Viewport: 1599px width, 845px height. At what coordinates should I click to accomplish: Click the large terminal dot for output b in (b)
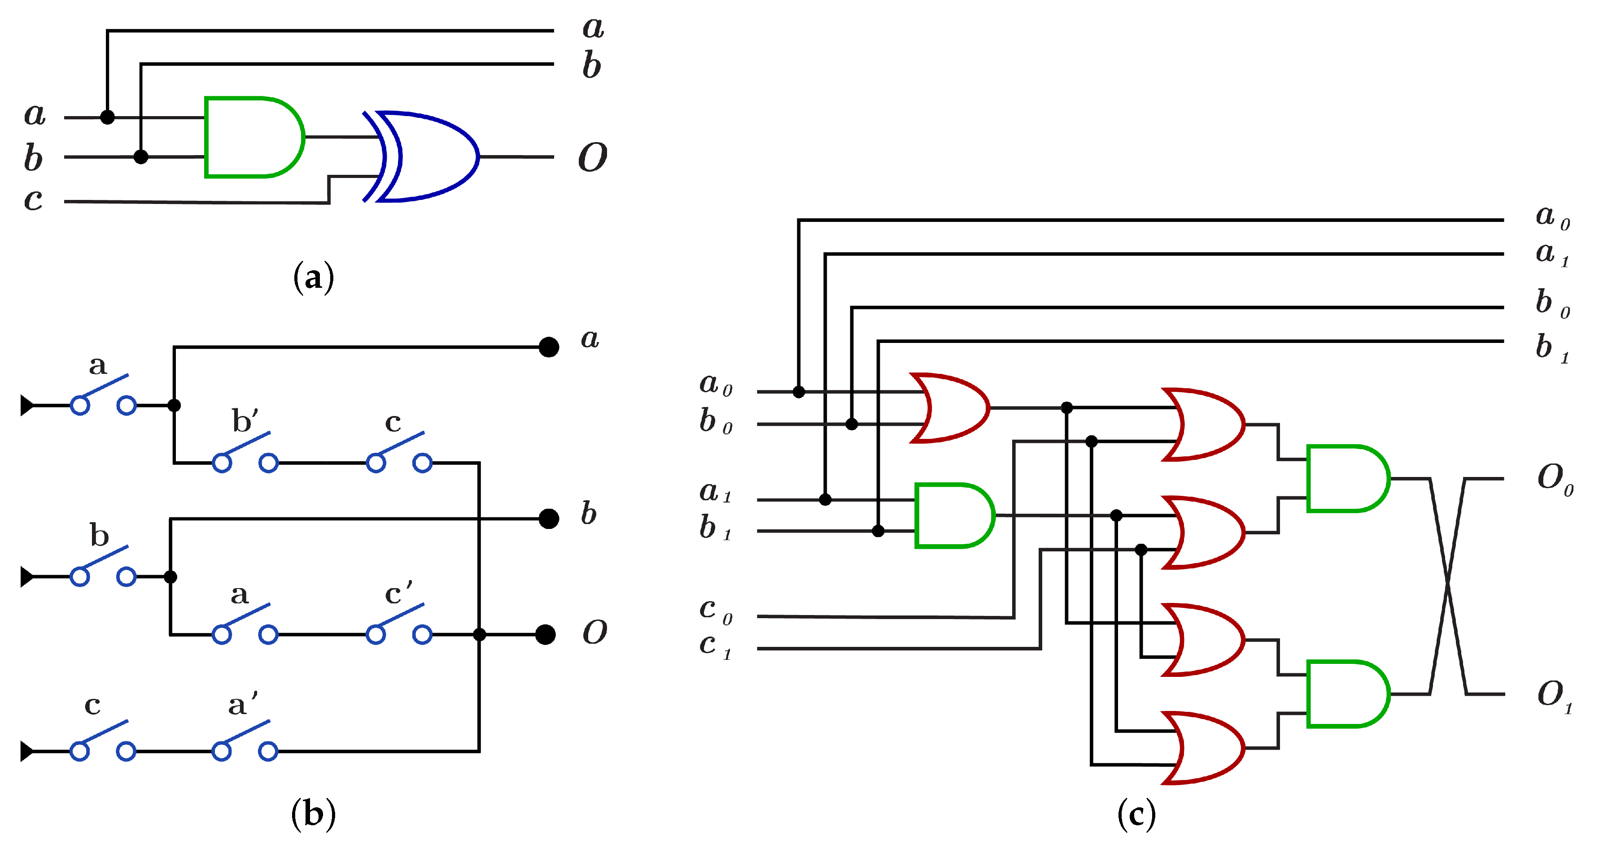click(x=548, y=519)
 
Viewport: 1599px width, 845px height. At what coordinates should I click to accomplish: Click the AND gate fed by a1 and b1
click(x=953, y=516)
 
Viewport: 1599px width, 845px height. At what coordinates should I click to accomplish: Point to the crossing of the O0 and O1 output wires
click(x=1447, y=586)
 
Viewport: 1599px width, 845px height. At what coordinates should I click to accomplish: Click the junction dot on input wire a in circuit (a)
click(x=107, y=117)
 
